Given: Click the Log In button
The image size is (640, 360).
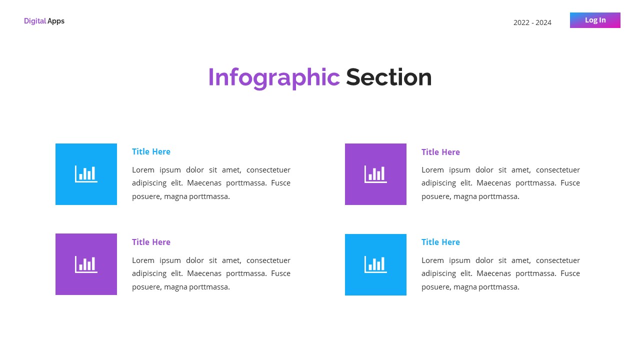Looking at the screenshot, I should tap(595, 20).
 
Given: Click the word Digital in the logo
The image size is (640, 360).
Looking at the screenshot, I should tap(35, 21).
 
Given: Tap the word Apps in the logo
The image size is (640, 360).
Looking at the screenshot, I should tap(56, 21).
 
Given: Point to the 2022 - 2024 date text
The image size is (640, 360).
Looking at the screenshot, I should tap(532, 22).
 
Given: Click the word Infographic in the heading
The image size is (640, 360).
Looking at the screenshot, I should tap(273, 77).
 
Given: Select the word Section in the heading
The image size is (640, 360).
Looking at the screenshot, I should tap(388, 77).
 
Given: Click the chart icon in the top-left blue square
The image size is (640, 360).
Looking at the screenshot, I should tap(86, 174).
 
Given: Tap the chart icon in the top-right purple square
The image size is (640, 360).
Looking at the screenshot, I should tap(375, 174).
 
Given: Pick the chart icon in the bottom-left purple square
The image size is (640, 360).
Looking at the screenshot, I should tap(86, 264).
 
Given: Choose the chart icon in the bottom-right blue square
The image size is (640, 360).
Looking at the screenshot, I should tap(375, 264).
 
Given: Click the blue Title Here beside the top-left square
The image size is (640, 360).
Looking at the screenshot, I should tap(151, 151).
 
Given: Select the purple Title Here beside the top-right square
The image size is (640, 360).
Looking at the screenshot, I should tap(440, 152).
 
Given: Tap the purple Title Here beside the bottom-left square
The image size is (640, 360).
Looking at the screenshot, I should tap(151, 242).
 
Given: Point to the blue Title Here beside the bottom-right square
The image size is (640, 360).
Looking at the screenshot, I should tap(440, 242).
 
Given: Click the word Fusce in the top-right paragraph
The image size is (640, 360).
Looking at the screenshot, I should tap(570, 183).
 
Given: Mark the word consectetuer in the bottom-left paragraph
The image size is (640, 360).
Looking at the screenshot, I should tap(268, 260).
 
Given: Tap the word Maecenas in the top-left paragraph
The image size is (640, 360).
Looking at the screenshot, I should tap(204, 183).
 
